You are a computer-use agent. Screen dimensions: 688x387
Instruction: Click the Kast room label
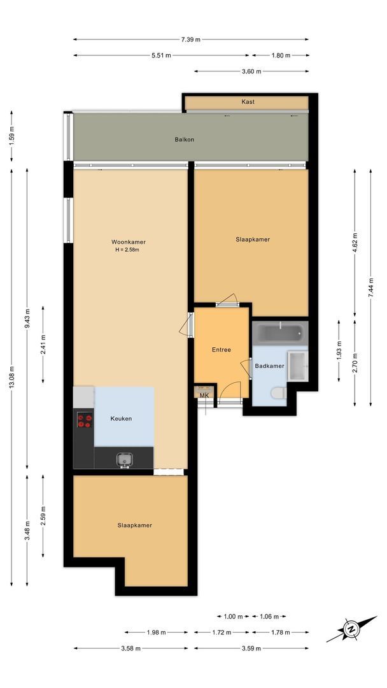pos(248,102)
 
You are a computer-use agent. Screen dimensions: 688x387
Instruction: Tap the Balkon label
pos(185,140)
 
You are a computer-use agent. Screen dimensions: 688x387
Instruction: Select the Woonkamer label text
pos(129,242)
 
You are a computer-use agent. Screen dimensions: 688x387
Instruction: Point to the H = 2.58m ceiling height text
pos(127,250)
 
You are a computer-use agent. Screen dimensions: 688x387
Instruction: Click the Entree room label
pos(221,350)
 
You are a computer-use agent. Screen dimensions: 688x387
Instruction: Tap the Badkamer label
pos(269,366)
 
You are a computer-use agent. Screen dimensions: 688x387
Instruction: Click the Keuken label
pos(121,419)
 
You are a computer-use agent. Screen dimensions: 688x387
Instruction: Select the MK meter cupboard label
pos(204,396)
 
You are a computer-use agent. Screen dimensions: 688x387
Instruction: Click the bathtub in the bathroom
pos(280,333)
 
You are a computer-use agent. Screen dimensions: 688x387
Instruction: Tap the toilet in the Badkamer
pos(279,394)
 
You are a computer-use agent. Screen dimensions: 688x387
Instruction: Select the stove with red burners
pos(84,420)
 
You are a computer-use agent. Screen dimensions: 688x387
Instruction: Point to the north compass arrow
pos(350,630)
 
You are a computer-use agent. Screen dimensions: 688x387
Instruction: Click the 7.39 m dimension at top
pos(190,39)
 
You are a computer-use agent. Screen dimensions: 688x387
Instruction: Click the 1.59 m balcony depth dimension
pos(11,136)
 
